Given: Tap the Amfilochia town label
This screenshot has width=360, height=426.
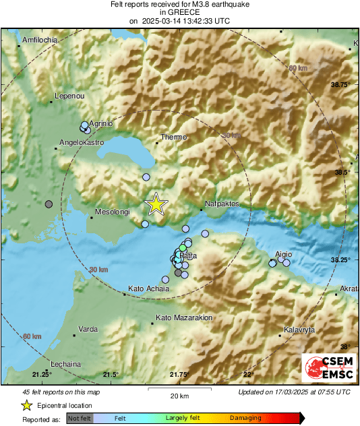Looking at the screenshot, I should (41, 40).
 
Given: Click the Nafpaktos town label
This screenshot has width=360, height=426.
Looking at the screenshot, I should (222, 203).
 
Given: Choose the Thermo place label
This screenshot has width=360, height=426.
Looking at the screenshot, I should (173, 137).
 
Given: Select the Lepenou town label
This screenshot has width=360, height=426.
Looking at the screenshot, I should (68, 96).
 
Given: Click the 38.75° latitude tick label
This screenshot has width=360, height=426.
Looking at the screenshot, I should (341, 85).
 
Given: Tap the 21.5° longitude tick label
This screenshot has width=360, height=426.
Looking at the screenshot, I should (111, 375).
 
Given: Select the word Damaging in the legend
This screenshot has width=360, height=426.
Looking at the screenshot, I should (245, 419).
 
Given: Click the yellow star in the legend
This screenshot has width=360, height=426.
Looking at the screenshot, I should (26, 405).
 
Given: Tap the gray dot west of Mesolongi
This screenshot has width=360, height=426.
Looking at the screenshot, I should (49, 204).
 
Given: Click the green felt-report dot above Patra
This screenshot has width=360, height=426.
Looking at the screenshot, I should (183, 249).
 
